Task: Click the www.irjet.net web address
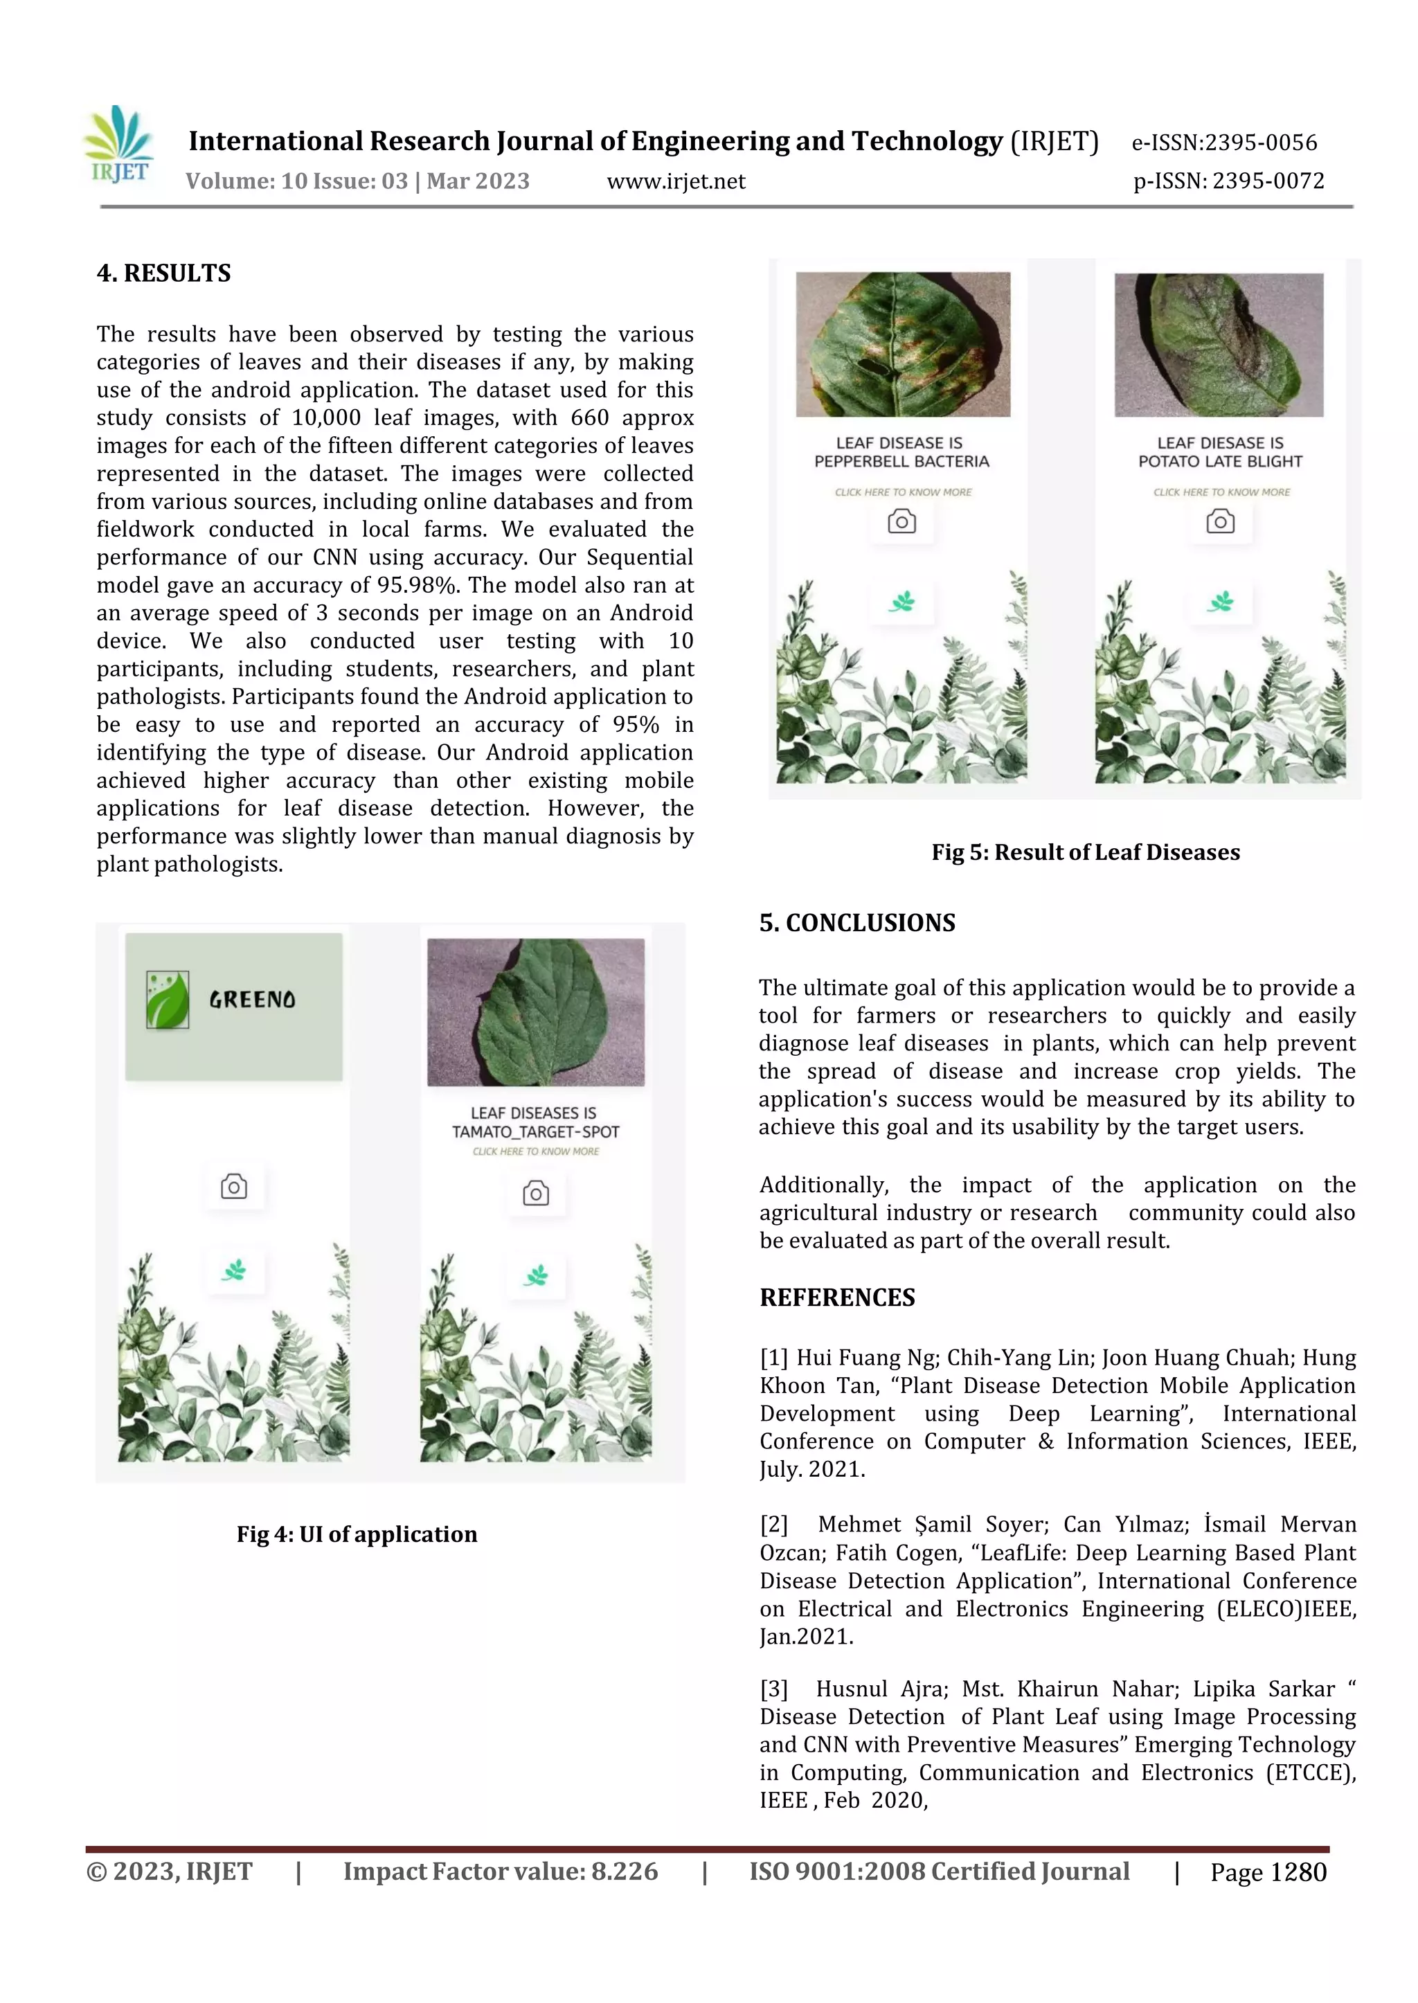676,181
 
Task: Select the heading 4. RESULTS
163,273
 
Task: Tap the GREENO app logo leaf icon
168,1000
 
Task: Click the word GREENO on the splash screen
252,1000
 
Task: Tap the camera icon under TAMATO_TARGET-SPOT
535,1194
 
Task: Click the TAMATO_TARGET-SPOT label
535,1131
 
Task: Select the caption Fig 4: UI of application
357,1535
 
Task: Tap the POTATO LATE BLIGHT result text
1220,462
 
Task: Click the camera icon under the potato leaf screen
1220,522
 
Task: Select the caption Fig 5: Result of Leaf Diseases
1086,852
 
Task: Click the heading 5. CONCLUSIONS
856,923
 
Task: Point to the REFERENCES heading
836,1297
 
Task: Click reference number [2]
773,1525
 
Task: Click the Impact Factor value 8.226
625,1871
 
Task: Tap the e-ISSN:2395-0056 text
1224,143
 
